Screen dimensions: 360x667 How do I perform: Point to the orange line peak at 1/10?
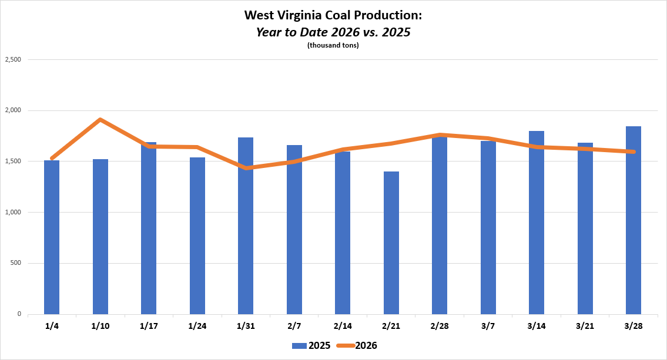(x=100, y=119)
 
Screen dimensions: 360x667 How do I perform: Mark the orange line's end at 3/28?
(x=634, y=152)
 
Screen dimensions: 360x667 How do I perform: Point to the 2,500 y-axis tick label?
(x=13, y=60)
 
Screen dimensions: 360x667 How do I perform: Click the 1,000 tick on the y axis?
(x=13, y=212)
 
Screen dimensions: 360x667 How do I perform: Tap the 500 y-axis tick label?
(x=15, y=263)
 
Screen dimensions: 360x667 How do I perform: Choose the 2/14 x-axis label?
(x=343, y=325)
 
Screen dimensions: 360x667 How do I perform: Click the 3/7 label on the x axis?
(x=488, y=325)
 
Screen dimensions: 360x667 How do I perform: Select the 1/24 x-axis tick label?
(x=197, y=325)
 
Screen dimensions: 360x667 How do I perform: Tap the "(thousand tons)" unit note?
(x=333, y=45)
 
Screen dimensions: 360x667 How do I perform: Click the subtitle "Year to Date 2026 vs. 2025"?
(x=333, y=32)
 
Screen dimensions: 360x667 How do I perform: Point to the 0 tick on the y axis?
(x=19, y=314)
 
